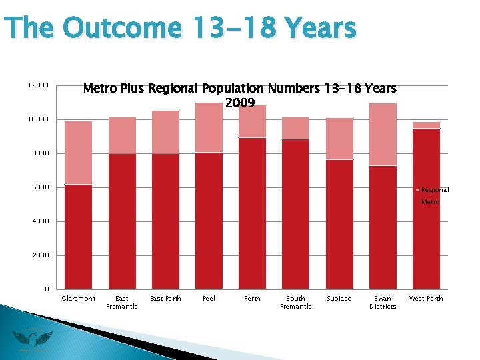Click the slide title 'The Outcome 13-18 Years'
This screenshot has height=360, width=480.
click(x=180, y=29)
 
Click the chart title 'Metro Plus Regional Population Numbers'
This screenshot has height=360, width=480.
click(x=239, y=89)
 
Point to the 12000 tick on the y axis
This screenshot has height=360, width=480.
click(x=38, y=85)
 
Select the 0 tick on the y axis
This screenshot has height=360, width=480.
click(x=45, y=289)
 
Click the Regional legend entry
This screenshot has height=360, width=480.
click(x=434, y=190)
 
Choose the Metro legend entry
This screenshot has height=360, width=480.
click(x=430, y=201)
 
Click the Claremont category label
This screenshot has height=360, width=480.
click(x=79, y=299)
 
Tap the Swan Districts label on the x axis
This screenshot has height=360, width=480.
click(x=383, y=303)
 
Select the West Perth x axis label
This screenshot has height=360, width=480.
click(x=426, y=299)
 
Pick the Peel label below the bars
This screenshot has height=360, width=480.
click(x=209, y=299)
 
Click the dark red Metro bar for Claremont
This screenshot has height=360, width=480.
click(x=79, y=237)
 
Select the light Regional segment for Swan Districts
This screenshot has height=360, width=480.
click(x=383, y=134)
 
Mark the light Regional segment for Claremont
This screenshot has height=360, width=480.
click(x=79, y=153)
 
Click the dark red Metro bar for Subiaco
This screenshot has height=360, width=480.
click(x=339, y=224)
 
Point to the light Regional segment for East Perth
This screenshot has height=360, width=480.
click(x=165, y=132)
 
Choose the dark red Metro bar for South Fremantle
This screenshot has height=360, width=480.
click(x=296, y=214)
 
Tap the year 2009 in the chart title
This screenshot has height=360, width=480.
click(x=240, y=103)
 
